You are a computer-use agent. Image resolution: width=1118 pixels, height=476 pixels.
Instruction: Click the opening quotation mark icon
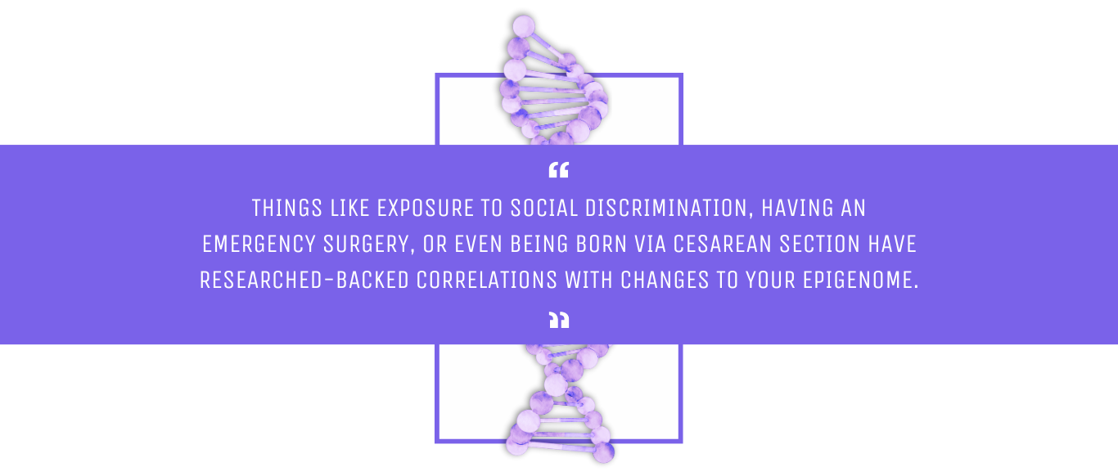[558, 169]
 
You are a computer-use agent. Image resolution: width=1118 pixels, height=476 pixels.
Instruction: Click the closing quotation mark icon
[559, 320]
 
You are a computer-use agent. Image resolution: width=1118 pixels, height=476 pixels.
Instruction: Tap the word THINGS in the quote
[287, 208]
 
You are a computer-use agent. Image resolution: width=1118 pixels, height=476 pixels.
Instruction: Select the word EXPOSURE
[425, 208]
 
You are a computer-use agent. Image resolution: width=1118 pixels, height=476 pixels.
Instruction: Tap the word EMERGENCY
[259, 244]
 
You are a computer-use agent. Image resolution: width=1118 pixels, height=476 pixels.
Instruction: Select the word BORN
[601, 244]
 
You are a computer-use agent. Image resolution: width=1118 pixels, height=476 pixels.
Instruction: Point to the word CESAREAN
[722, 244]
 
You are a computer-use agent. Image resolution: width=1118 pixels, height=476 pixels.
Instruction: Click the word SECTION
[819, 244]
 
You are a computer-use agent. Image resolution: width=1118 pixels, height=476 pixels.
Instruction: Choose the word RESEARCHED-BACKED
[304, 280]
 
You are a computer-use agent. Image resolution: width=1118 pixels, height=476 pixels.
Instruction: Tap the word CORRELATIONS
[487, 280]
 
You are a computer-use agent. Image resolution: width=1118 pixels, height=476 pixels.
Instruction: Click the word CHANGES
[665, 280]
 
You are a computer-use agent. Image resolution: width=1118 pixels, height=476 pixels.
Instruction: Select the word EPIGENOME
[860, 280]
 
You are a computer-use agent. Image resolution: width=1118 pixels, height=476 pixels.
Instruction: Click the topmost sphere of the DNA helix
[524, 26]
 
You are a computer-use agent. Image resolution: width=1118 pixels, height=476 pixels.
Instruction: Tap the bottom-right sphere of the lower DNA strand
[603, 452]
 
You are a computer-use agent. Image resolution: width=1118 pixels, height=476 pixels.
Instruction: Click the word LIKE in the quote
[349, 208]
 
